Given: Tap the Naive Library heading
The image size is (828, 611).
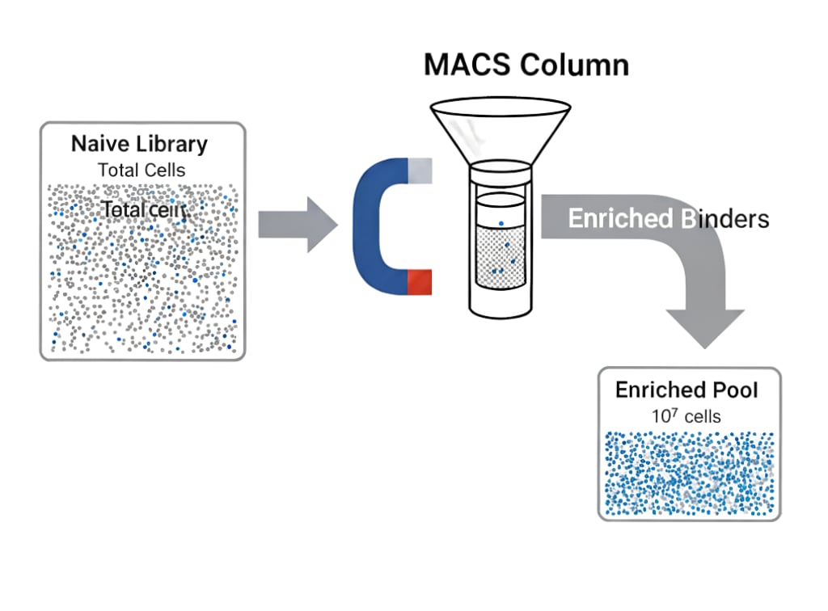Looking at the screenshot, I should coord(139,144).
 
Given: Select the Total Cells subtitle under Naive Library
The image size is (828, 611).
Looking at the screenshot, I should coord(142,170).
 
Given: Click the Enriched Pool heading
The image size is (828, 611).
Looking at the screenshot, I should coord(686,390).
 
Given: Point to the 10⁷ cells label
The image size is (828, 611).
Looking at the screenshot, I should coord(686,416).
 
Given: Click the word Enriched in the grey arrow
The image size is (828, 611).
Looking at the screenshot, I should coord(620,218).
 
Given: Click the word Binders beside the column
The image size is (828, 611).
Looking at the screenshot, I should coord(724,218).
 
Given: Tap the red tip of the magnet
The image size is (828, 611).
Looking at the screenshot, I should coord(420,282).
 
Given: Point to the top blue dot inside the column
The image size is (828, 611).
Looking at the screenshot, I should coord(501,223).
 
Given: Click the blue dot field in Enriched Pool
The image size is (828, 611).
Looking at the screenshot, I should coord(689,472).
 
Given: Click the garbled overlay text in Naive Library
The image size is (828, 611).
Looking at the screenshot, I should coord(144,209).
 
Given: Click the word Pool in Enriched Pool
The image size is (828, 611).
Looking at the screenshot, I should coord(734,390).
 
